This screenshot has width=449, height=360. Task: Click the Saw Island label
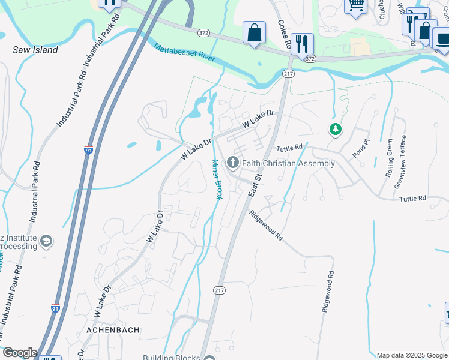tap(35, 50)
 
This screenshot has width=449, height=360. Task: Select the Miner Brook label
tap(217, 179)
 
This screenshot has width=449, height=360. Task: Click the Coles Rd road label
tap(284, 35)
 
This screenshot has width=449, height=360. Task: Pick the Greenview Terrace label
tap(400, 161)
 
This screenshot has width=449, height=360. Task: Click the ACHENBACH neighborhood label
tap(113, 330)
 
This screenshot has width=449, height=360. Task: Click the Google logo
tap(19, 353)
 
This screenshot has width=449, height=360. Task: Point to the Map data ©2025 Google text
tap(411, 355)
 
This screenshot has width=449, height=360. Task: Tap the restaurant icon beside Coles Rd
tap(302, 43)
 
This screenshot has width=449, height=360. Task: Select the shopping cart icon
tap(355, 5)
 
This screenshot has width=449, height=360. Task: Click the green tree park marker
tap(335, 129)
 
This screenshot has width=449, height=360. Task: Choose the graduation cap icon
tap(45, 242)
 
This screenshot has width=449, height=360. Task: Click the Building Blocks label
tap(171, 358)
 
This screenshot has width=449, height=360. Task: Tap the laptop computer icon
tap(443, 39)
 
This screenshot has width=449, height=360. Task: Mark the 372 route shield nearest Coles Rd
tap(309, 59)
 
